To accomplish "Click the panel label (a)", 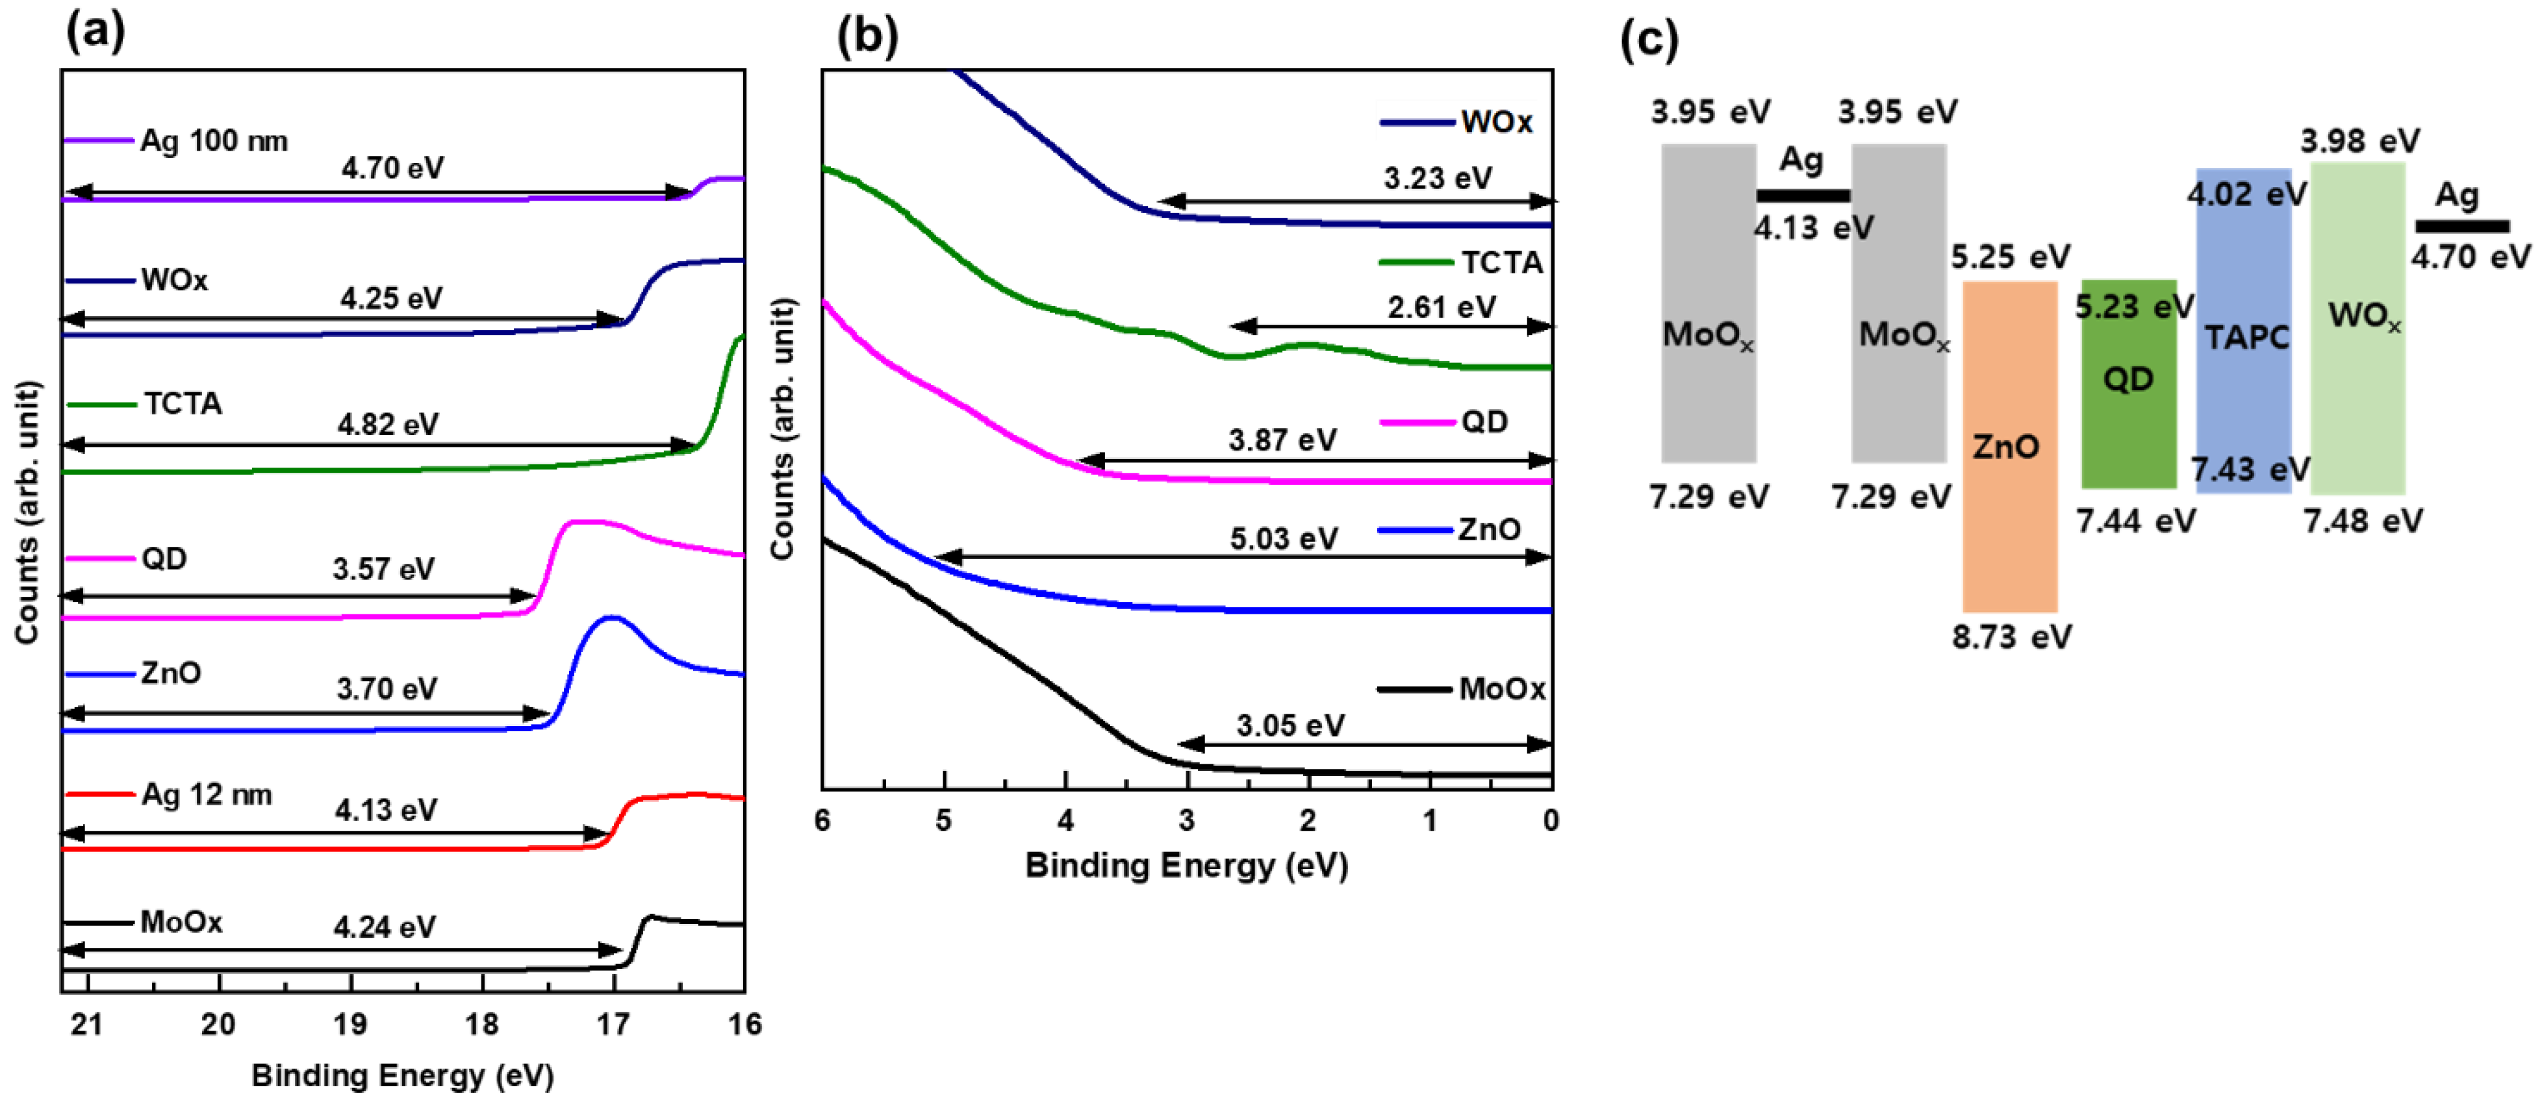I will [x=95, y=32].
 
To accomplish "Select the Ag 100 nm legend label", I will [x=213, y=141].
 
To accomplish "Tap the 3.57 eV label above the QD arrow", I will [x=383, y=569].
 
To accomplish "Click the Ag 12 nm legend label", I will [x=206, y=794].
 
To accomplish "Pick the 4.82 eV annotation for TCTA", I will [x=388, y=425].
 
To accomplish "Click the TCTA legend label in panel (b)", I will [x=1501, y=262].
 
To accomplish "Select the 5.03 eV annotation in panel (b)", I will [x=1283, y=539].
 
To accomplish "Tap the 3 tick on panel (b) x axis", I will [x=1186, y=821].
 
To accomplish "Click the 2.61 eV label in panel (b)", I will [x=1441, y=308].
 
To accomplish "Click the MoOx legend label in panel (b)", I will [x=1501, y=689].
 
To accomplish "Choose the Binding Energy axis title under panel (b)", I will [x=1186, y=866].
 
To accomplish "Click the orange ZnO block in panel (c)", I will [x=2009, y=512].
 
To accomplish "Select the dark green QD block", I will [x=2128, y=424].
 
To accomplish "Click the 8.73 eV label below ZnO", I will [x=2011, y=638].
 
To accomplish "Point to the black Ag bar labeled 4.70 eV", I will [x=2461, y=227].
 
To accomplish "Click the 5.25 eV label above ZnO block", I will [x=2009, y=257].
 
